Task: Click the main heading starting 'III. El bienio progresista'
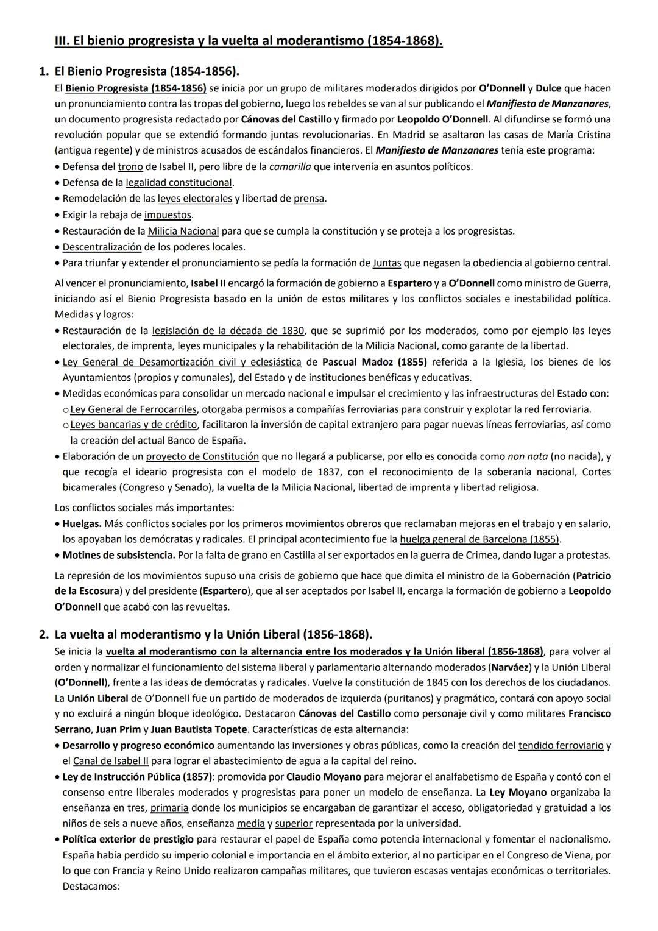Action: [249, 41]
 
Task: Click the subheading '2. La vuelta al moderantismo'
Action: [213, 634]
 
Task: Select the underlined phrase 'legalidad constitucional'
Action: [179, 182]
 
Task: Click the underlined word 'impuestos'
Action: [168, 214]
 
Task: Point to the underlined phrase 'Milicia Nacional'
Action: [183, 231]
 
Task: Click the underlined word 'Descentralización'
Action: [102, 247]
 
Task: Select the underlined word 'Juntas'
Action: [387, 263]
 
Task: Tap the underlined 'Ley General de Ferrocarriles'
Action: [133, 409]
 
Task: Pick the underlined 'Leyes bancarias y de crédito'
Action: [133, 424]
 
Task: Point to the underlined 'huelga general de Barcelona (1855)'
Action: [479, 539]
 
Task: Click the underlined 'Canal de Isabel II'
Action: [110, 760]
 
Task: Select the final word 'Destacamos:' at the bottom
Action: [91, 886]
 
